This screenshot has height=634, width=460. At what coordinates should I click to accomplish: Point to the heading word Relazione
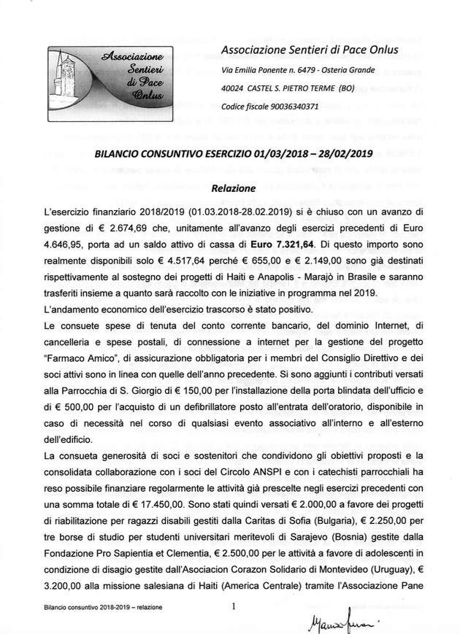pos(233,188)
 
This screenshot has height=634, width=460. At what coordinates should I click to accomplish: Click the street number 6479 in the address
pos(307,70)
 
